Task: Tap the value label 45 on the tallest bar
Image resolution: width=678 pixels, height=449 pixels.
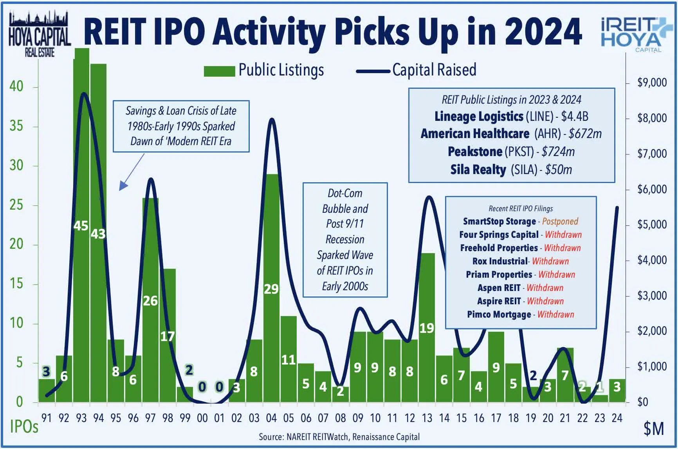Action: [x=81, y=226]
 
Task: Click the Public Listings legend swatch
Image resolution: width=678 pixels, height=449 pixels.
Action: [x=219, y=71]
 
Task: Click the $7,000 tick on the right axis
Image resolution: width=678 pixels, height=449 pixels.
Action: [x=652, y=154]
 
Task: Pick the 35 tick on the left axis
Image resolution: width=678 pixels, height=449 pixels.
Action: [x=16, y=126]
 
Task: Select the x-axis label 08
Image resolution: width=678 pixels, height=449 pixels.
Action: [x=340, y=418]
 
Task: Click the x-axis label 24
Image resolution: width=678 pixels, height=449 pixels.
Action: [x=617, y=418]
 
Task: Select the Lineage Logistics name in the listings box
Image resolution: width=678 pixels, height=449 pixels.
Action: [x=478, y=117]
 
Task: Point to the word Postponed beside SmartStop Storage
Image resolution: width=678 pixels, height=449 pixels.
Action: [x=560, y=221]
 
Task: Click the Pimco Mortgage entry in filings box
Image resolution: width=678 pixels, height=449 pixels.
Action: [x=499, y=314]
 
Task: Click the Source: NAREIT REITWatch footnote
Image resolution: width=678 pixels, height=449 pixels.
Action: [x=339, y=437]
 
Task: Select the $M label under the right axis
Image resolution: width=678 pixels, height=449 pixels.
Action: [x=653, y=429]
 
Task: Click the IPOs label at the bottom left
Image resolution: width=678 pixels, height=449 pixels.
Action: [x=24, y=427]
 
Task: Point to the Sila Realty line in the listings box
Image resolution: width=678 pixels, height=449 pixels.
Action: [x=510, y=170]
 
